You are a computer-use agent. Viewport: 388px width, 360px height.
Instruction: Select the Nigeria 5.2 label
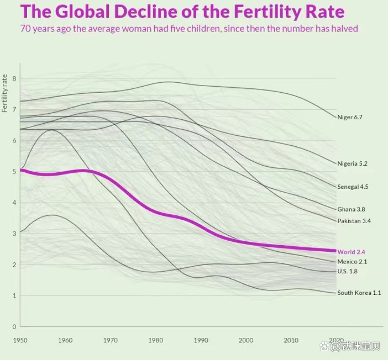pyautogui.click(x=352, y=163)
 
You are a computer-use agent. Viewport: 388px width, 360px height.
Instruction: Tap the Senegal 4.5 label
pyautogui.click(x=353, y=187)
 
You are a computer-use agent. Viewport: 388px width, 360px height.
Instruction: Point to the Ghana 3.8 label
pyautogui.click(x=351, y=209)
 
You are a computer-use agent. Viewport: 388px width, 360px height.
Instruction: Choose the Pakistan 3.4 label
pyautogui.click(x=354, y=221)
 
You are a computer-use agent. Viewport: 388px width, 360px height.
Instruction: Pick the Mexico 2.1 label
pyautogui.click(x=352, y=262)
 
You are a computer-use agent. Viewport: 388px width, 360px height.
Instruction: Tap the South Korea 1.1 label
pyautogui.click(x=359, y=293)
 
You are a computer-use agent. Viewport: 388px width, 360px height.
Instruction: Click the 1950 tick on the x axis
pyautogui.click(x=20, y=340)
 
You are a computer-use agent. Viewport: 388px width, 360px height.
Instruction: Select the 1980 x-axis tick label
pyautogui.click(x=155, y=340)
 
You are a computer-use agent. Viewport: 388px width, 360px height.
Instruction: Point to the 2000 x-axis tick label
pyautogui.click(x=246, y=340)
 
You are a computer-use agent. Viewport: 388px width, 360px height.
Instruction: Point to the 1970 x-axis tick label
pyautogui.click(x=110, y=340)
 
